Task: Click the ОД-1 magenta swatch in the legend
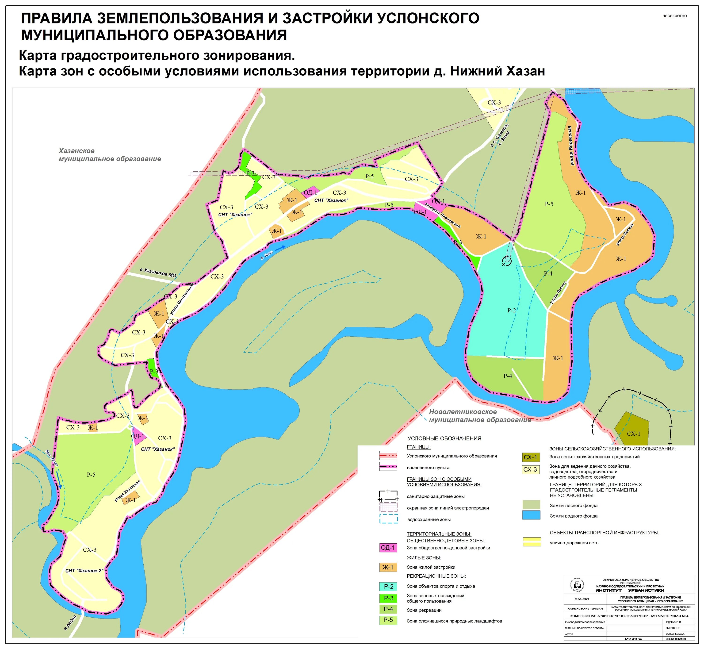pos(388,548)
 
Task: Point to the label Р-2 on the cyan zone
pos(512,311)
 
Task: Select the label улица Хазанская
pos(127,491)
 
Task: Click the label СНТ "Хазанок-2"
pos(84,571)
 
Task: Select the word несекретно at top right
pos(674,16)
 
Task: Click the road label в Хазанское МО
pos(158,273)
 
